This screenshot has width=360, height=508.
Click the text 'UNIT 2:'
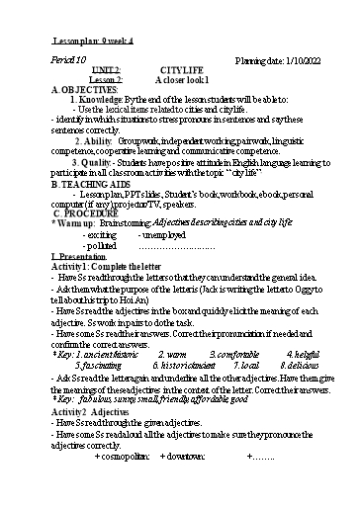(104, 71)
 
